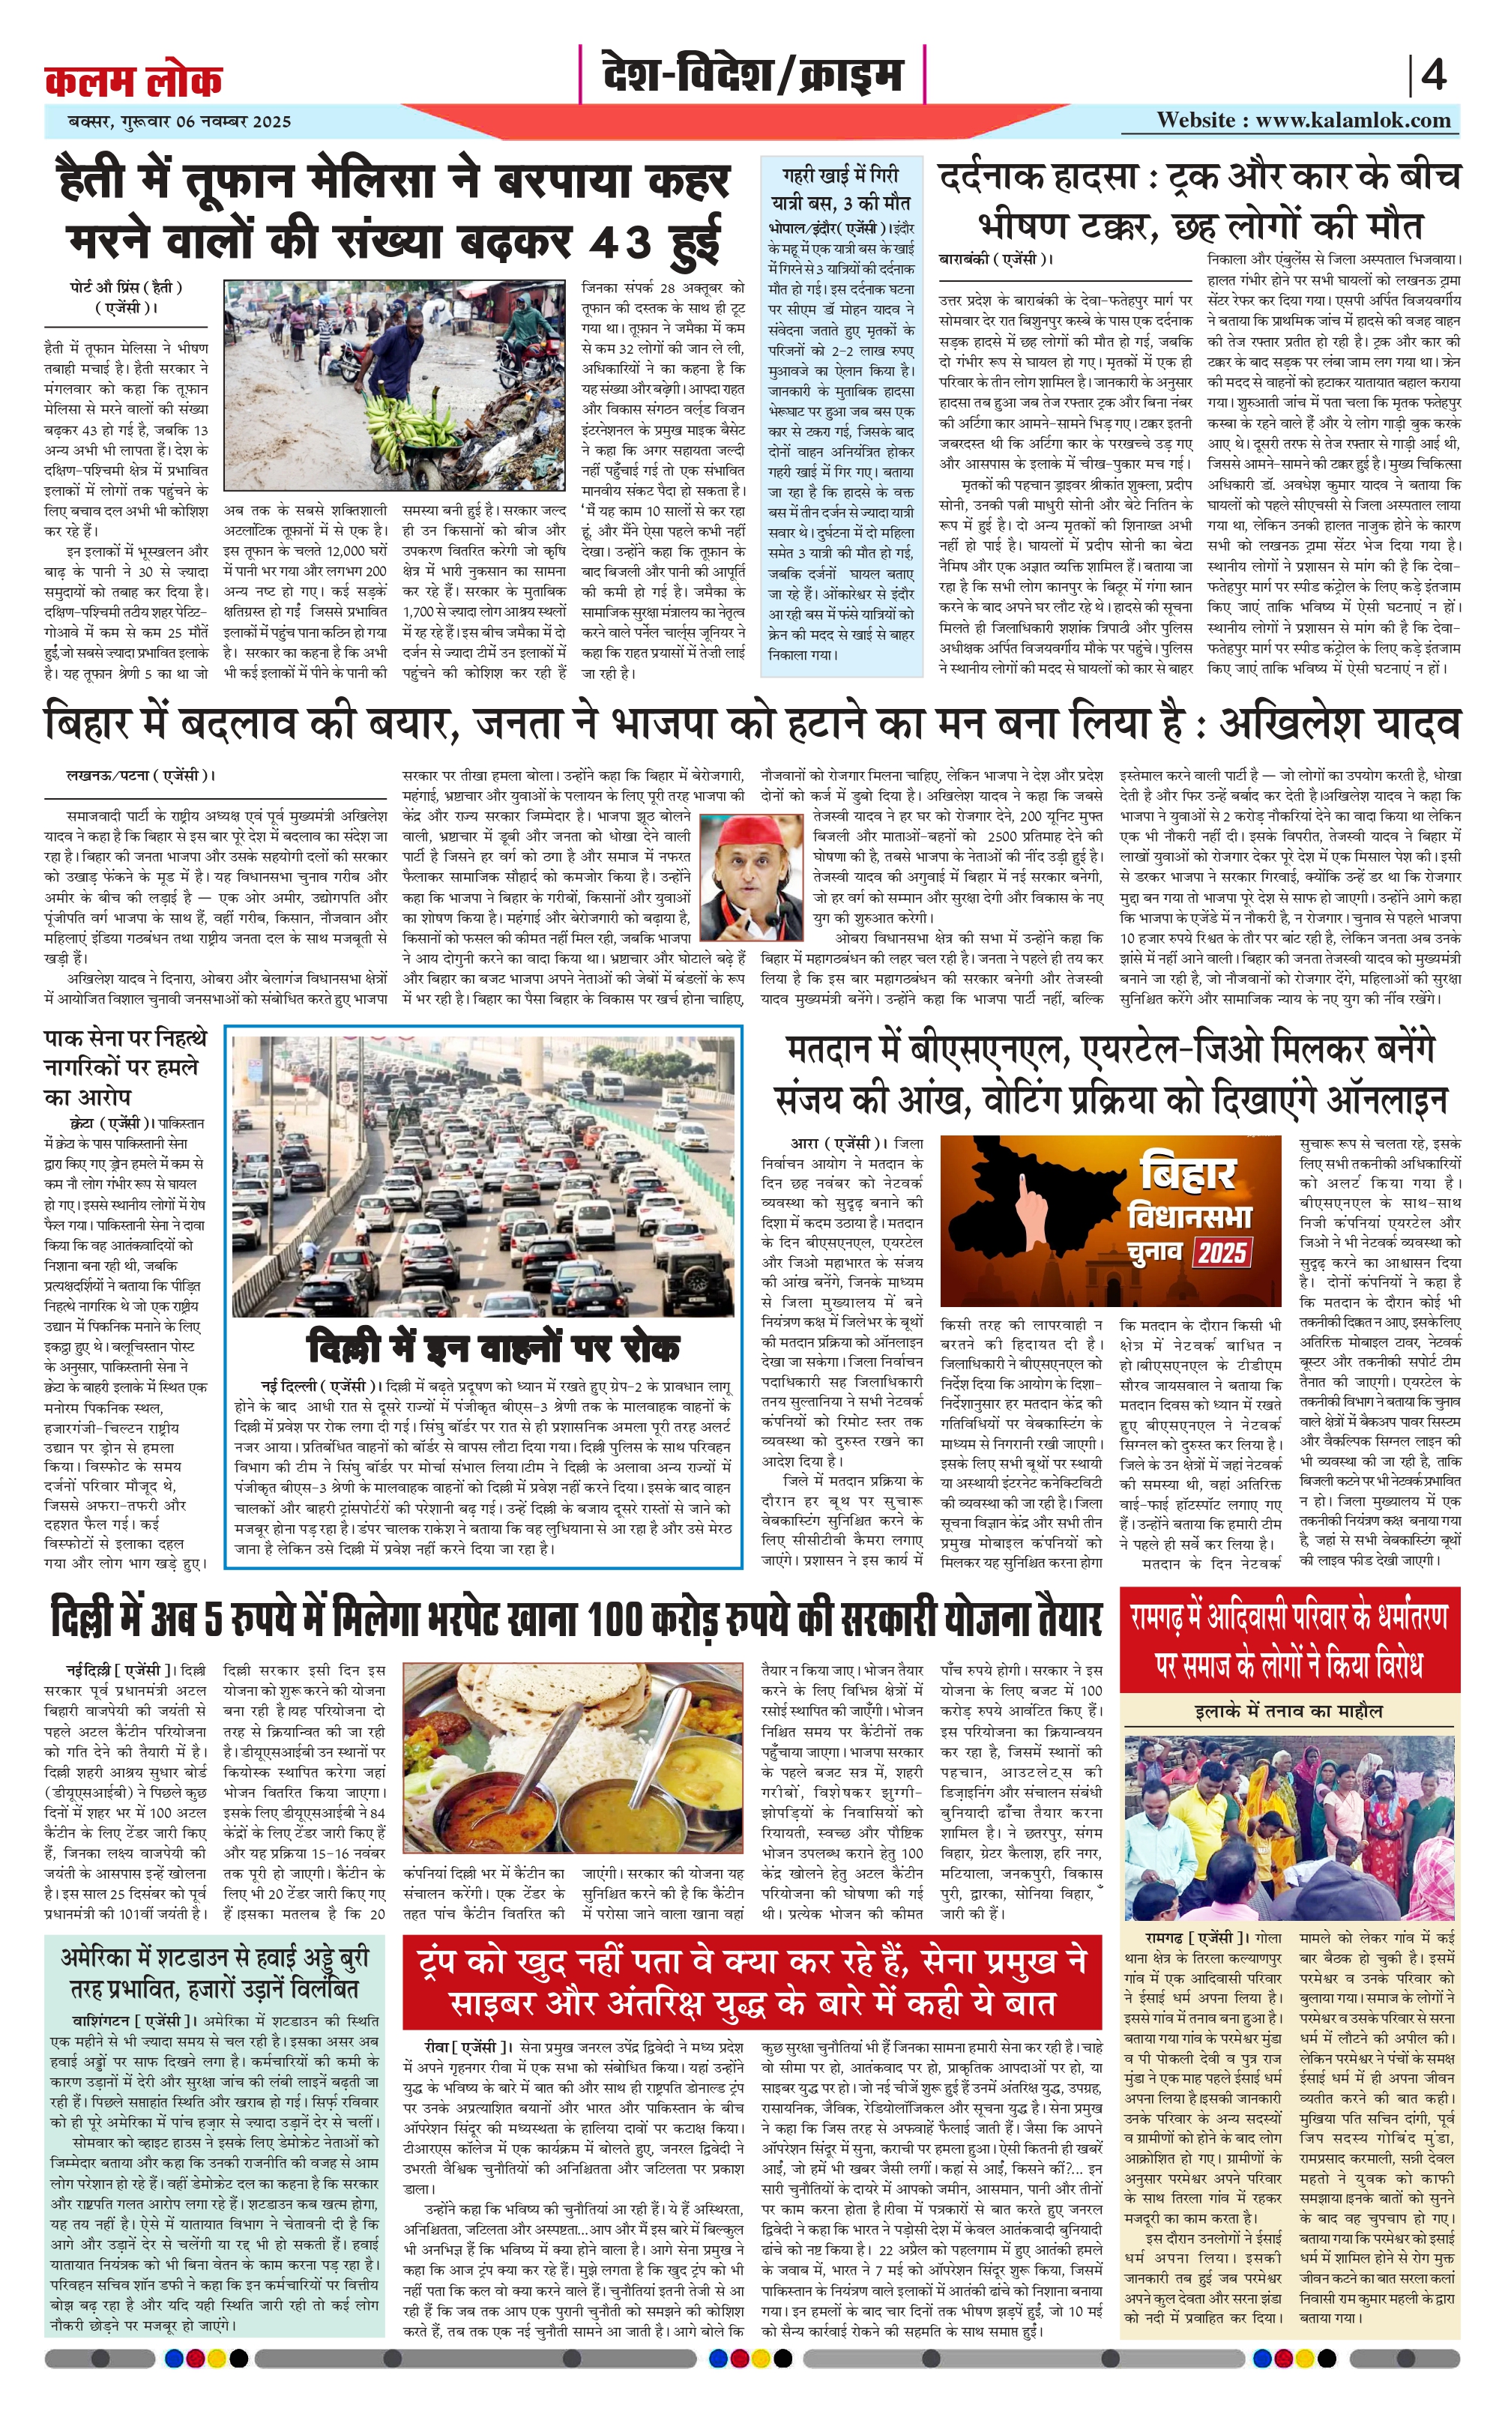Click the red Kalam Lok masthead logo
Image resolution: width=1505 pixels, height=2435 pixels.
[x=133, y=79]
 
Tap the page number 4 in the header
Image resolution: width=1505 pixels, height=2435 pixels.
[x=1433, y=76]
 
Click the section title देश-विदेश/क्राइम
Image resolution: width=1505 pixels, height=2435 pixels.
[x=752, y=76]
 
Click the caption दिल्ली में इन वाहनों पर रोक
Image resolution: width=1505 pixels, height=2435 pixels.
[x=494, y=1348]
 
